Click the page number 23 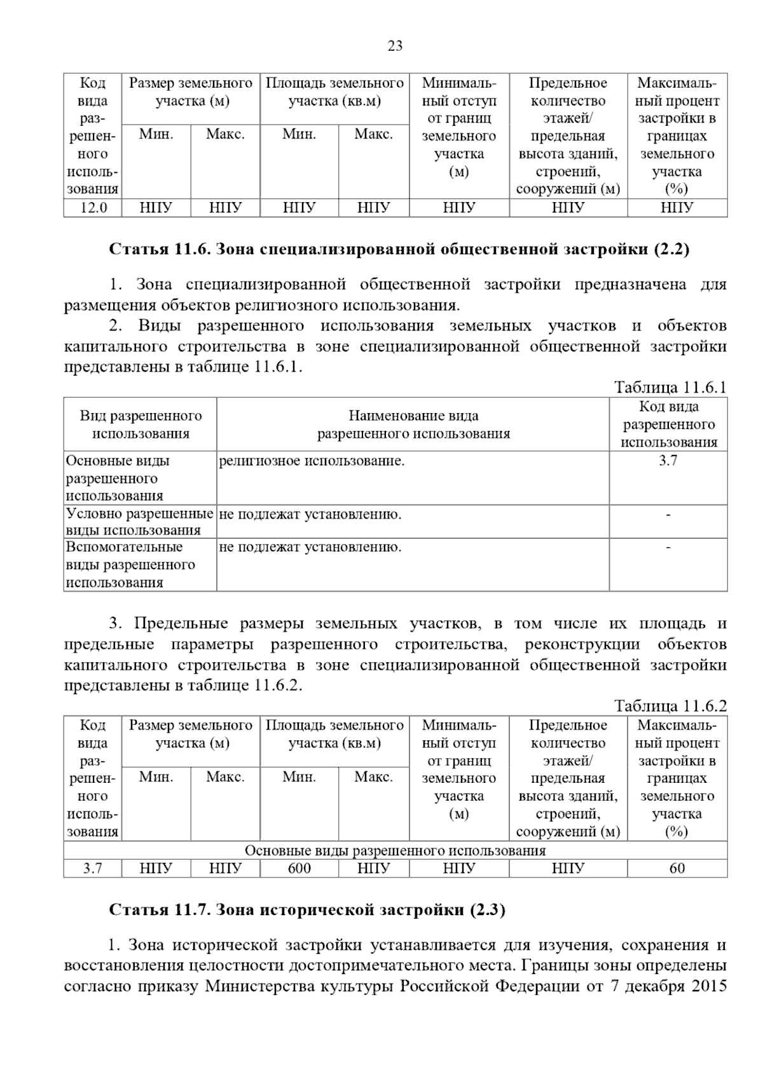click(394, 46)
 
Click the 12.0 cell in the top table click(92, 208)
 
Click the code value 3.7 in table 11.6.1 click(668, 461)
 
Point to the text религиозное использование click(312, 461)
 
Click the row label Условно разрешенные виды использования click(139, 522)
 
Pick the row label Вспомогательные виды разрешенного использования click(130, 564)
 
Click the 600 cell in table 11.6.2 click(299, 868)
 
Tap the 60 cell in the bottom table click(677, 868)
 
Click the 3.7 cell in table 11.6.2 click(92, 868)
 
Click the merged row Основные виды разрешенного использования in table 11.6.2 click(395, 851)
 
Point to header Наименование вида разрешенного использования click(413, 424)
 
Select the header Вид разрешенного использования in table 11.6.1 click(141, 424)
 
